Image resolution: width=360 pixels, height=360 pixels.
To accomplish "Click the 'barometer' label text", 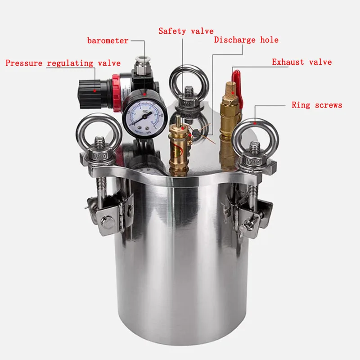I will (108, 41).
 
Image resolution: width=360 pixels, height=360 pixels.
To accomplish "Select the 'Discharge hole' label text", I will (246, 40).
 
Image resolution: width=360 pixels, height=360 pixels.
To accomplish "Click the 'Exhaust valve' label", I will (301, 62).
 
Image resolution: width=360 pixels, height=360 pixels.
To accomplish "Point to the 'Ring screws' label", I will (317, 105).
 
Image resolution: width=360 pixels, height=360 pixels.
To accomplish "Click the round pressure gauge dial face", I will (142, 115).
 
